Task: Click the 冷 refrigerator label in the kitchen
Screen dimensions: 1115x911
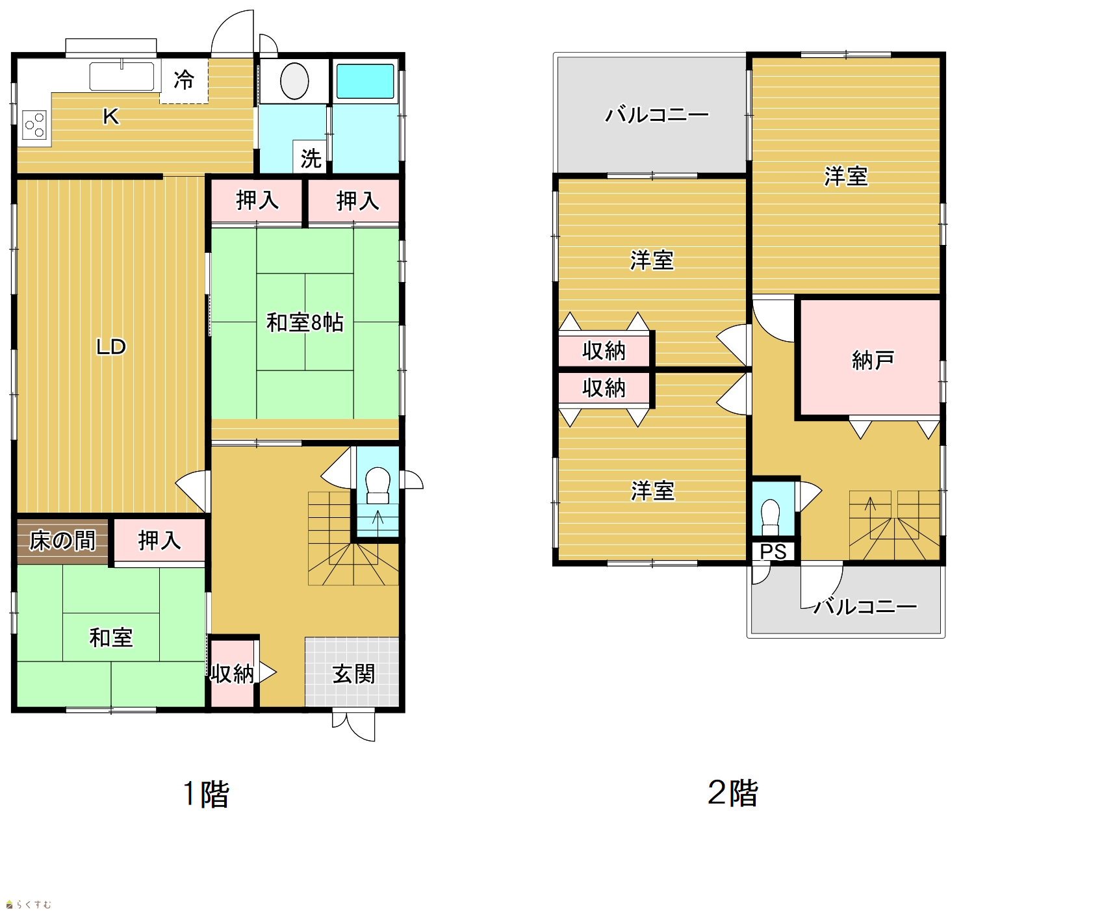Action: [x=184, y=80]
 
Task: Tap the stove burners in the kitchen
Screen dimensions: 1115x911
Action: [x=35, y=125]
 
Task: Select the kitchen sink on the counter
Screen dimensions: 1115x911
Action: [x=122, y=76]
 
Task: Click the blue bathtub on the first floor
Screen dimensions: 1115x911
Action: [x=365, y=81]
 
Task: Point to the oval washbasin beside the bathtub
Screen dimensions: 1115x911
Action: [x=294, y=81]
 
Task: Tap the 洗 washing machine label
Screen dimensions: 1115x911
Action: [x=311, y=158]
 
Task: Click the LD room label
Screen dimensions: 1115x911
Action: [x=111, y=346]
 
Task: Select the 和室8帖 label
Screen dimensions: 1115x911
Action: [x=305, y=322]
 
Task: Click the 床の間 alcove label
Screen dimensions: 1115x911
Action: [x=62, y=540]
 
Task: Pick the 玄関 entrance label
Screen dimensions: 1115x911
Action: [x=353, y=674]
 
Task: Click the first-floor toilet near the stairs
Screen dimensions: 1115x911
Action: [x=378, y=485]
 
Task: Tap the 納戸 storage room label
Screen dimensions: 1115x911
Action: [x=873, y=359]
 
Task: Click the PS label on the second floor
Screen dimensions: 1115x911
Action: [x=773, y=552]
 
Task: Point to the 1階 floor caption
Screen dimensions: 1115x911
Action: [x=206, y=793]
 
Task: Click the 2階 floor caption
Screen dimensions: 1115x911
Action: [x=733, y=793]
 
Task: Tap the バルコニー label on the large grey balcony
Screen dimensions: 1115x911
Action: [x=657, y=115]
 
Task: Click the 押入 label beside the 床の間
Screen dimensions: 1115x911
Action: [x=159, y=540]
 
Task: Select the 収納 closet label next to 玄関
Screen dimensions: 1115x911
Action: [x=232, y=674]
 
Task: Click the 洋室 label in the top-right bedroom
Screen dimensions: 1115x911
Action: [x=846, y=176]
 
